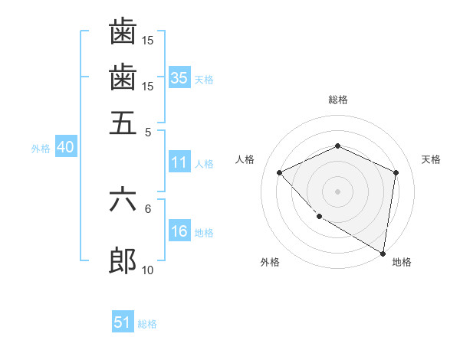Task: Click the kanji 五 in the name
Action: point(123,123)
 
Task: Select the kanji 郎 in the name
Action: point(123,261)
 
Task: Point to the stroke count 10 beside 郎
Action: point(148,270)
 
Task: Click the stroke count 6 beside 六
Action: point(148,208)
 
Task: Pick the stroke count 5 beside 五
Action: point(148,131)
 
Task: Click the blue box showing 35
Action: point(179,77)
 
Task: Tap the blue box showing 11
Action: point(179,162)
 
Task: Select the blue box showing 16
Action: point(179,232)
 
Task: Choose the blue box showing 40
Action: point(65,148)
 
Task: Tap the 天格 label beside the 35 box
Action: point(204,79)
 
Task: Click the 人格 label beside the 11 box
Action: point(204,164)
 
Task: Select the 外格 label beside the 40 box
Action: point(41,149)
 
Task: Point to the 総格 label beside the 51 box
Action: point(147,324)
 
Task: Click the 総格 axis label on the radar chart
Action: point(337,100)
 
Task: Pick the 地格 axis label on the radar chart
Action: point(402,262)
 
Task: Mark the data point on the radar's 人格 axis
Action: point(280,172)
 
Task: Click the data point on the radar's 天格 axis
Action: point(396,172)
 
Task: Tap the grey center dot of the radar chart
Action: point(337,191)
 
